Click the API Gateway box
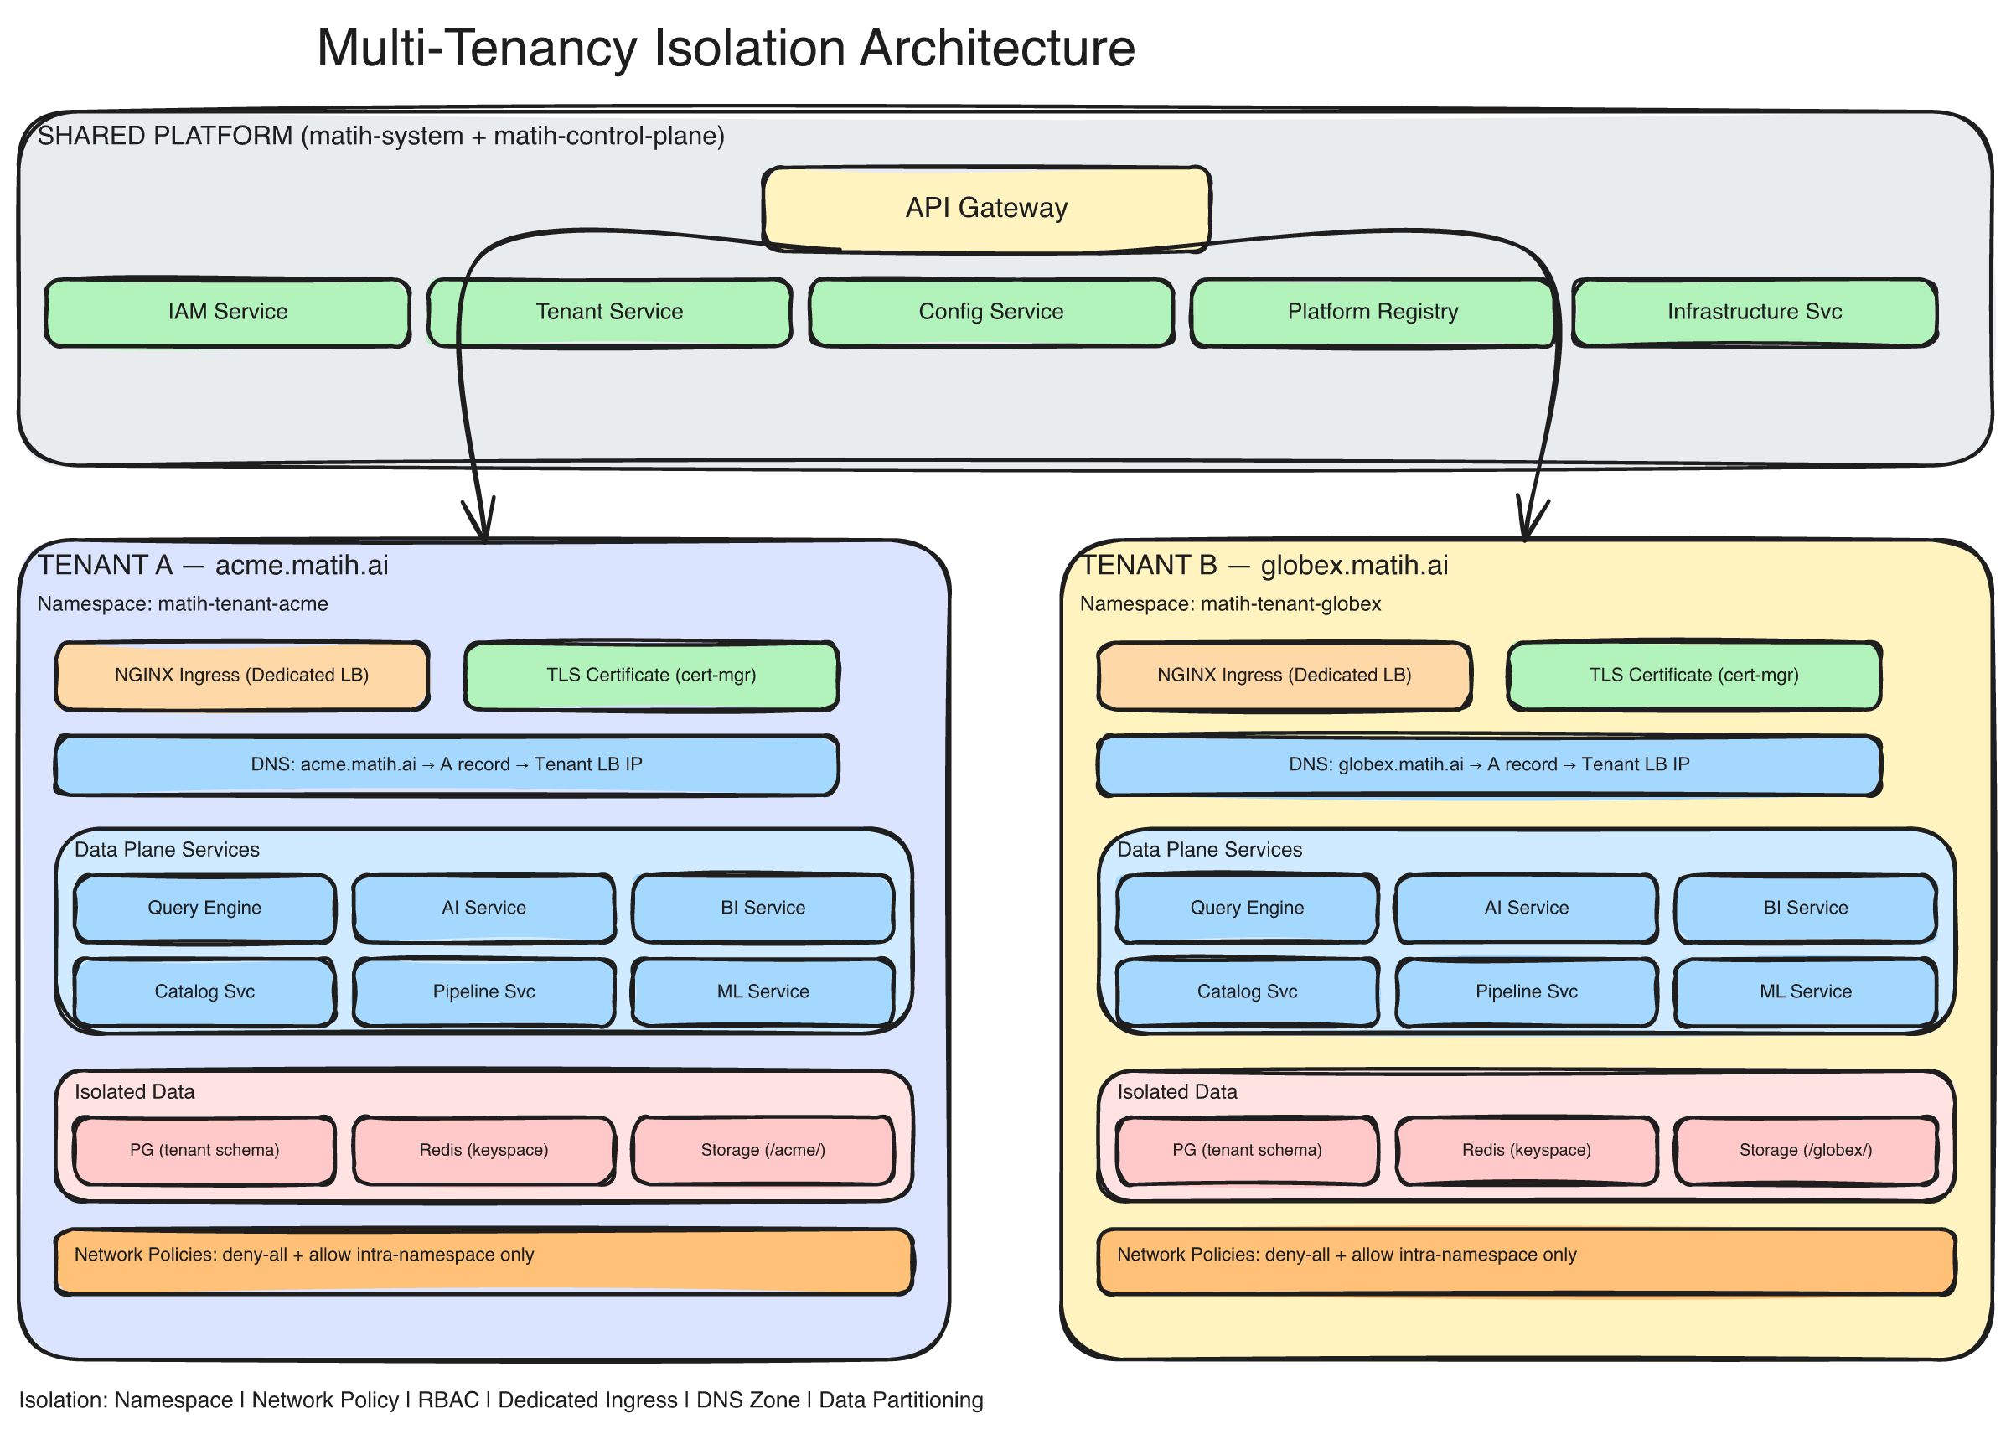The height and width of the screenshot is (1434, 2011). [x=985, y=209]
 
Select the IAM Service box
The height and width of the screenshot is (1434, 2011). [x=228, y=312]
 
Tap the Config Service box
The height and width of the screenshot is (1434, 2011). [x=990, y=312]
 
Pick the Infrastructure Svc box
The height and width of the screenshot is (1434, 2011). [x=1753, y=312]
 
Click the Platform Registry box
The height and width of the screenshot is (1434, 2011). [x=1372, y=312]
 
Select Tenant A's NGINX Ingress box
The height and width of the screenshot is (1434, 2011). [x=242, y=676]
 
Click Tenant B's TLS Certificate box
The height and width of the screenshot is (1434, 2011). [x=1693, y=676]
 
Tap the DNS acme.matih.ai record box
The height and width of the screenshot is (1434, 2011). [x=446, y=764]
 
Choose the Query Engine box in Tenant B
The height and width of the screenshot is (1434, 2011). [x=1247, y=908]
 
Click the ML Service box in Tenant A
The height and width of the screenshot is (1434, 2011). [x=763, y=991]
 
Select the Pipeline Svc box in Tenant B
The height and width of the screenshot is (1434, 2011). [x=1526, y=991]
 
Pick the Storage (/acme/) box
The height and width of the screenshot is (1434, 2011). [x=763, y=1150]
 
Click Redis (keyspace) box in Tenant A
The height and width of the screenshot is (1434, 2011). [x=483, y=1150]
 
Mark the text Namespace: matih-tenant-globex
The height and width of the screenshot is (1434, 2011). [x=1230, y=604]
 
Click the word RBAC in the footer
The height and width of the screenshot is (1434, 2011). [x=447, y=1400]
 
